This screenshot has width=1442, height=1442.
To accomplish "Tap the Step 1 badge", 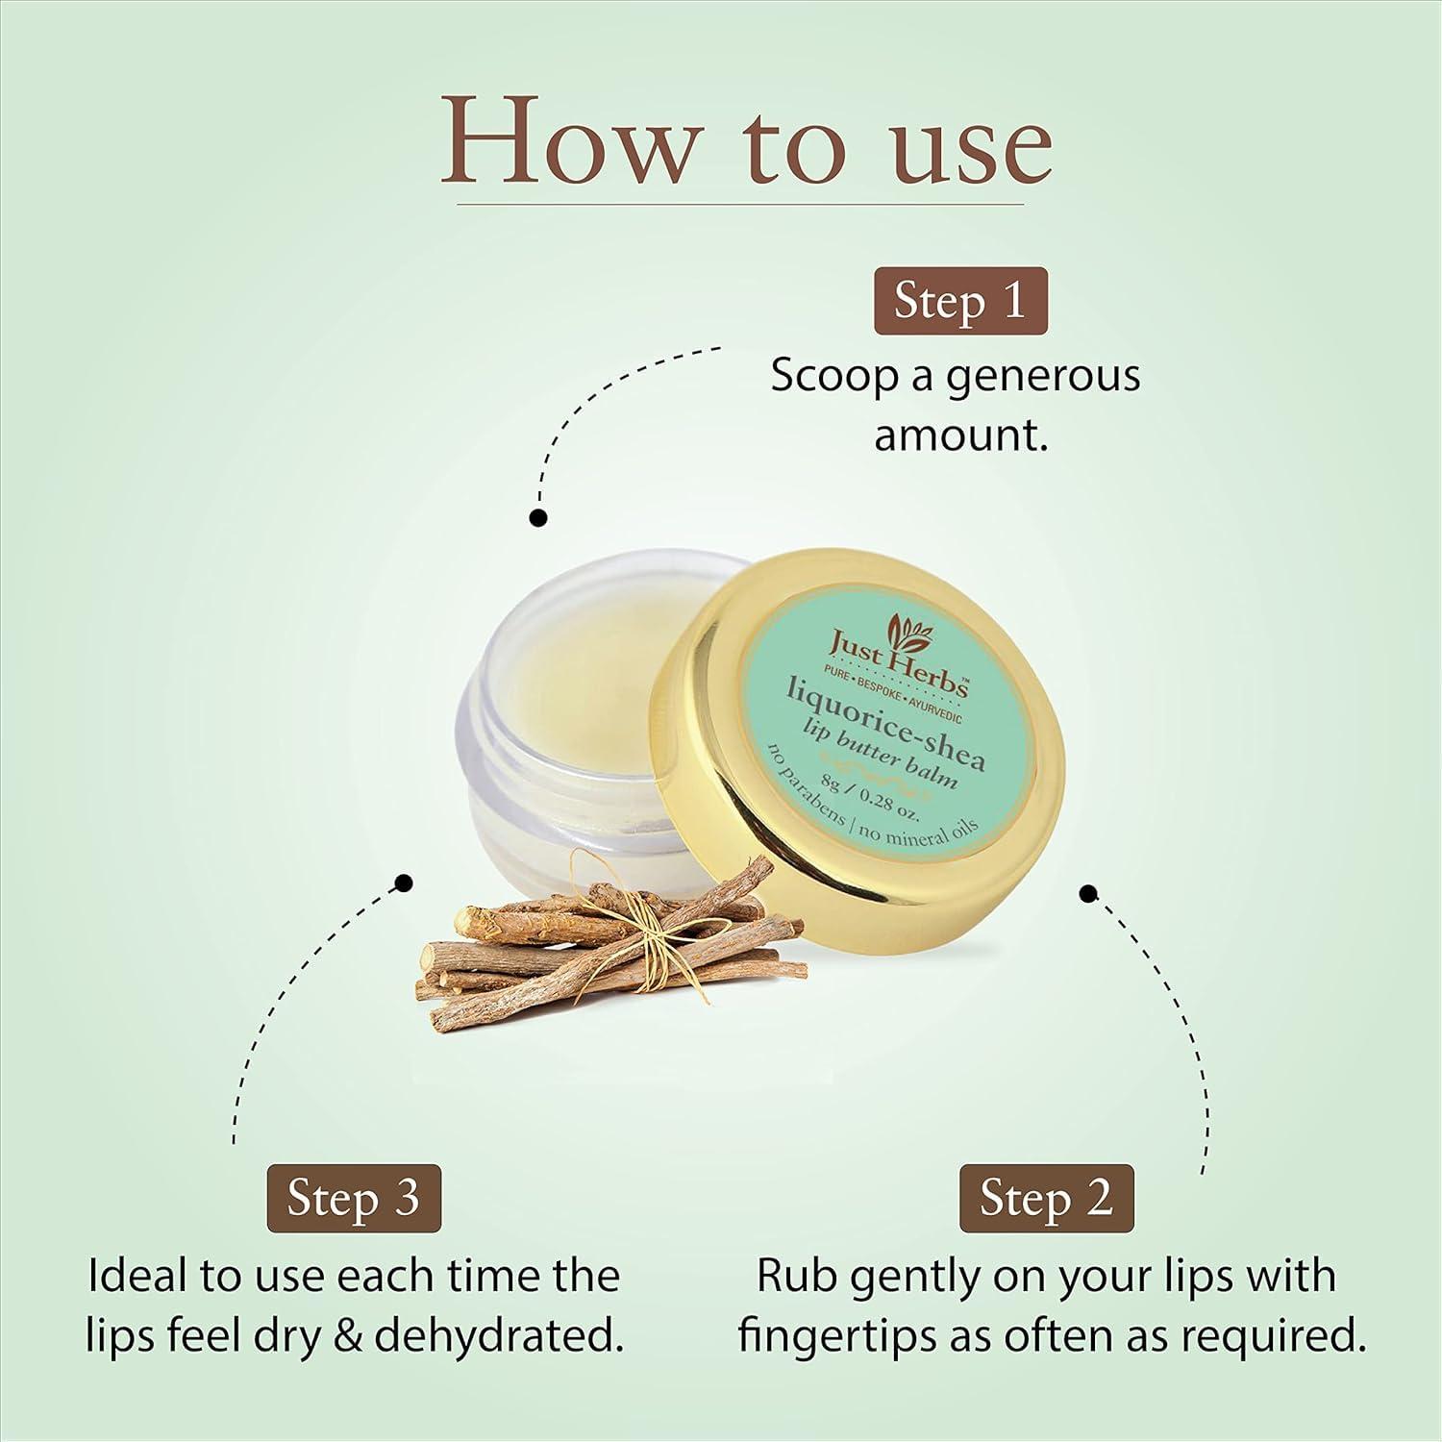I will (x=959, y=301).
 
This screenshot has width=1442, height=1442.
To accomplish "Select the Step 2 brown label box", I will (x=1046, y=1198).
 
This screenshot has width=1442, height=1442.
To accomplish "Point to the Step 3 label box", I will (x=354, y=1198).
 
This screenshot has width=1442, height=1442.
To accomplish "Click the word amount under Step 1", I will (x=957, y=435).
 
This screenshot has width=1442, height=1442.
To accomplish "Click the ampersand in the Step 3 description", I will (x=348, y=1336).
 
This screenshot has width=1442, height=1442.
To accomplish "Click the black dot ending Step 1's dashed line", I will (x=538, y=518).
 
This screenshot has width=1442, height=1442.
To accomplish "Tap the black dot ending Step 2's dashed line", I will (x=1088, y=894).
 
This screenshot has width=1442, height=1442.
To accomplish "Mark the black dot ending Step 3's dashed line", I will (x=405, y=882).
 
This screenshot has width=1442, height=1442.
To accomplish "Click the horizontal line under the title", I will (x=740, y=204).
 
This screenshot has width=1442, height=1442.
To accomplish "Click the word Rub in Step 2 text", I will (x=794, y=1277).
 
